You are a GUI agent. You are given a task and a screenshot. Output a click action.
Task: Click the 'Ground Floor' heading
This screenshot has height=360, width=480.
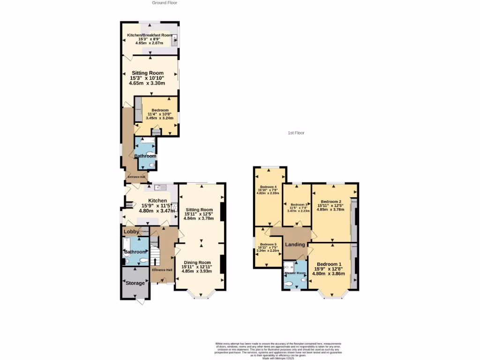tap(165, 3)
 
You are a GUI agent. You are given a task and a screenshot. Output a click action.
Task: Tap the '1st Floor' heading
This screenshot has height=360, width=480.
tap(296, 133)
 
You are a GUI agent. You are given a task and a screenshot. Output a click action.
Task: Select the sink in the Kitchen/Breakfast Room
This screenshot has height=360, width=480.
tap(174, 41)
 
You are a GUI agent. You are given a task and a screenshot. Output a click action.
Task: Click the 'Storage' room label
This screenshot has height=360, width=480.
tap(135, 283)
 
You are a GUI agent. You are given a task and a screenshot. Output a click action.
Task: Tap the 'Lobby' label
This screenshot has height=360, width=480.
tap(131, 232)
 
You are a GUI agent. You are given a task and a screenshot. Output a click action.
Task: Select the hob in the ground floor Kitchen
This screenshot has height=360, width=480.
tap(174, 206)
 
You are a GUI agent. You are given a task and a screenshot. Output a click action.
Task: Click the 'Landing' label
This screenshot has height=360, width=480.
tap(295, 245)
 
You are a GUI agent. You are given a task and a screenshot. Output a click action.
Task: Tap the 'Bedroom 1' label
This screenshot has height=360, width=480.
tap(331, 264)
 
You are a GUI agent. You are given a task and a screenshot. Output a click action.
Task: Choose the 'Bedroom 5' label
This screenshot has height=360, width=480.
tap(268, 245)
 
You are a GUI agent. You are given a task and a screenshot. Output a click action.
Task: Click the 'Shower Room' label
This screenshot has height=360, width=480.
tap(295, 273)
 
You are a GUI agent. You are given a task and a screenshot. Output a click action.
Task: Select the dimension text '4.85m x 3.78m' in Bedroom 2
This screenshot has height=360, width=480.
tap(330, 210)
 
